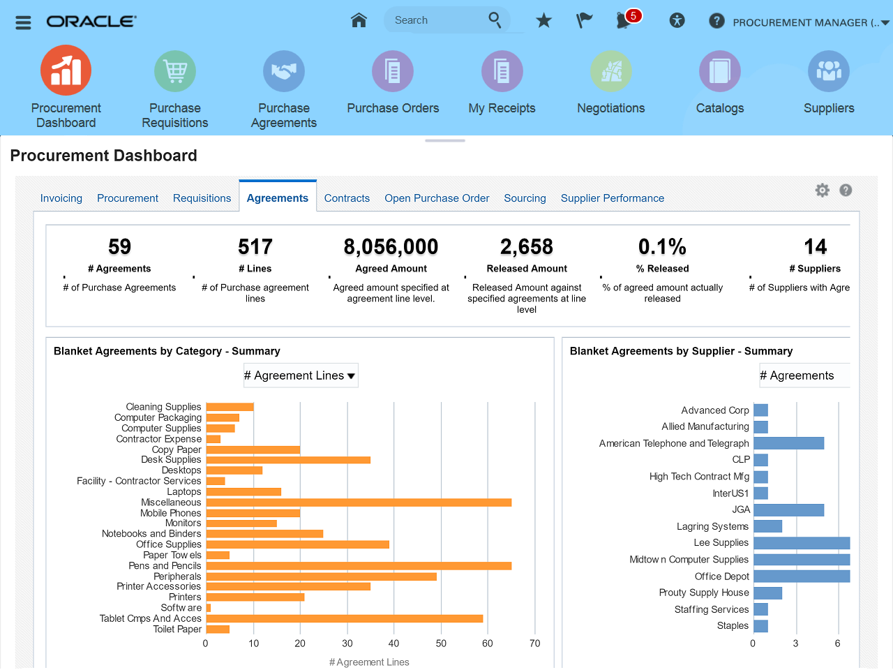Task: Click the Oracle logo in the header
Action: (x=91, y=22)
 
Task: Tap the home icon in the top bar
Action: (x=359, y=20)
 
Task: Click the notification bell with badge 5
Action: (x=624, y=20)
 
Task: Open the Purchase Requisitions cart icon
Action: (x=174, y=71)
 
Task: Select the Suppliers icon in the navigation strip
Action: (x=828, y=71)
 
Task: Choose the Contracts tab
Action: (x=347, y=198)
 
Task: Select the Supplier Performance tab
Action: (x=612, y=198)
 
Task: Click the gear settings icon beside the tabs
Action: (x=823, y=191)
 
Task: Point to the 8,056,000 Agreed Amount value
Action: (x=391, y=247)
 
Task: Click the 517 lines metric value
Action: (x=255, y=247)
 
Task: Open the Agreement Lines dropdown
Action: (x=300, y=375)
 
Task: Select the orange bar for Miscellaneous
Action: (x=359, y=502)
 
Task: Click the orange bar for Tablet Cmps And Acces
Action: (x=345, y=618)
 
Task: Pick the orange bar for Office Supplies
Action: (x=297, y=544)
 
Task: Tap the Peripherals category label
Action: (x=177, y=576)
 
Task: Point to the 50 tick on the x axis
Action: (x=441, y=643)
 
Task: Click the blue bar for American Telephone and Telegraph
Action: (x=788, y=443)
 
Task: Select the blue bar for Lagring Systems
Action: (x=767, y=526)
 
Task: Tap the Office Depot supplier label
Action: (x=721, y=576)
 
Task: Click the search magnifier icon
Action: (x=495, y=20)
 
